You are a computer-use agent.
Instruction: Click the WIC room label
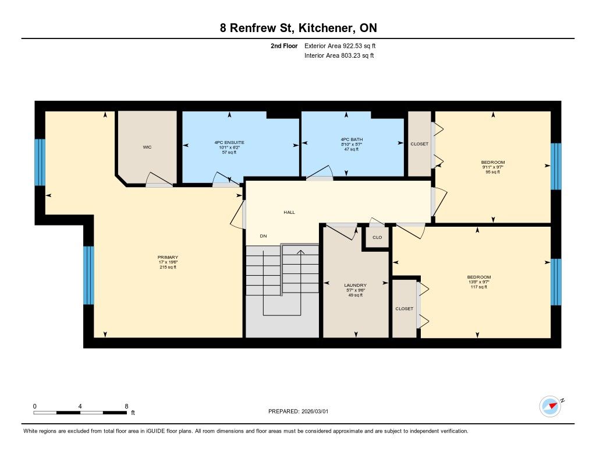tap(147, 147)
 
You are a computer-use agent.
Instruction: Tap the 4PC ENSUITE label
tap(229, 142)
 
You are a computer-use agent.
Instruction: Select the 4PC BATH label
tap(352, 139)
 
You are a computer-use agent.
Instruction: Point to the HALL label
tap(289, 212)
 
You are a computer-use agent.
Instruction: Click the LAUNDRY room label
tap(356, 285)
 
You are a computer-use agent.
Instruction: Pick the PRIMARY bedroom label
tap(168, 258)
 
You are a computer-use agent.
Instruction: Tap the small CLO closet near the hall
tap(377, 237)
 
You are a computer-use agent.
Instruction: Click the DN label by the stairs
tap(264, 236)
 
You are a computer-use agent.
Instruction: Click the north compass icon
tap(550, 407)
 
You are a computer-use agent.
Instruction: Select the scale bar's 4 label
tap(80, 406)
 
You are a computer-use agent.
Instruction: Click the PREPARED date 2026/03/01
tap(315, 411)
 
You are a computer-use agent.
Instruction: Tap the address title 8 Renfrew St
tap(257, 28)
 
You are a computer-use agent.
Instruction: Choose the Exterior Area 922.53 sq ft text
tap(340, 45)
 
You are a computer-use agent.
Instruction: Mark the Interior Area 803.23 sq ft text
tap(339, 55)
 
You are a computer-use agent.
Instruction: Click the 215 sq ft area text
tap(168, 268)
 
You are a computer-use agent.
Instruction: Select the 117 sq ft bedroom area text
tap(479, 287)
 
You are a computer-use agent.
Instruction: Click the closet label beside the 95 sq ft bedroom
tap(419, 144)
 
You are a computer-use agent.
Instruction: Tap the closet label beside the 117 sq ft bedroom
tap(404, 309)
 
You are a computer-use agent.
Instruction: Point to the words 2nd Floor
tap(284, 45)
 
